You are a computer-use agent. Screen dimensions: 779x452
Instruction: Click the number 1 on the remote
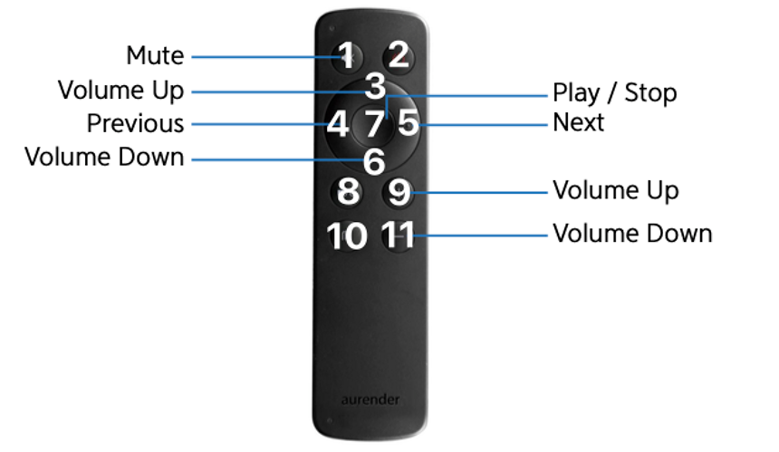coord(347,54)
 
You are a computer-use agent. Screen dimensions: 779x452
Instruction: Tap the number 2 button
coord(399,54)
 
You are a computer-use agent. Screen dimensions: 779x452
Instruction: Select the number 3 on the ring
coord(375,86)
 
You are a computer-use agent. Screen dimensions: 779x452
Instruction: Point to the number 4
coord(337,124)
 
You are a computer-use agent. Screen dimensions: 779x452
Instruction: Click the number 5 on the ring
coord(409,124)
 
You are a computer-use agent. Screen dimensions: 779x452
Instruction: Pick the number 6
coord(374,162)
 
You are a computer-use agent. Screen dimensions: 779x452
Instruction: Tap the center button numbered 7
coord(375,124)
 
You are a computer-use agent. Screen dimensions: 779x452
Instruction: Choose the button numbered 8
coord(348,192)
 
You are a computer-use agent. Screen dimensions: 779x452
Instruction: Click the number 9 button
coord(399,193)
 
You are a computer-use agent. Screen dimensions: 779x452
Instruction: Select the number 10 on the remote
coord(347,236)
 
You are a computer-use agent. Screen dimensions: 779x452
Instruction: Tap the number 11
coord(398,235)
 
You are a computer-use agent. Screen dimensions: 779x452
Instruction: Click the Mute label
coord(155,55)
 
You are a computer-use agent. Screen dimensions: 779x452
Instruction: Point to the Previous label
coord(135,123)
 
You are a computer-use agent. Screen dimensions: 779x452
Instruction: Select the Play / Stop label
coord(614,93)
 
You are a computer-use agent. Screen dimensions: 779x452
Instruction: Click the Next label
coord(578,122)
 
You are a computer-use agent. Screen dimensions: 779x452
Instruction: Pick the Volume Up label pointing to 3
coord(120,91)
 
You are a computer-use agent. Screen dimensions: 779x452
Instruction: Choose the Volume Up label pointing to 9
coord(616,191)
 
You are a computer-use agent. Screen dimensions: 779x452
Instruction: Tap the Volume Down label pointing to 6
coord(104,157)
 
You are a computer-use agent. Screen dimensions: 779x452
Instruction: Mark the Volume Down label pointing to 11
coord(632,234)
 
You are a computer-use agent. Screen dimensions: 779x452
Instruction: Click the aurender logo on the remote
coord(370,399)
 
